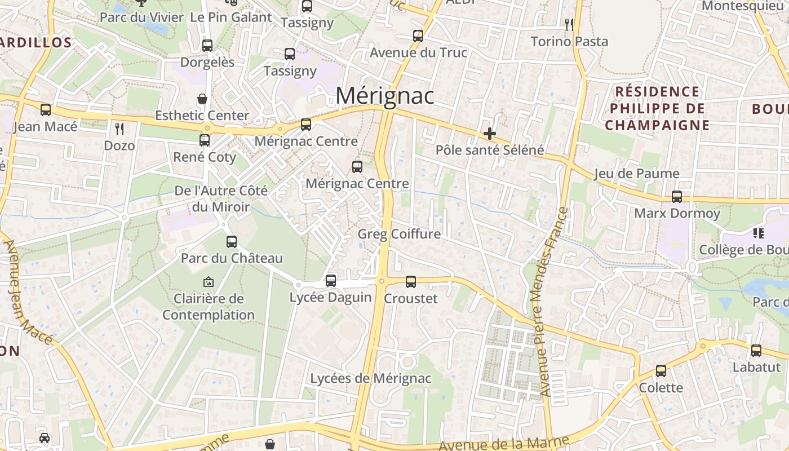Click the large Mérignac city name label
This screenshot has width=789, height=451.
(x=385, y=96)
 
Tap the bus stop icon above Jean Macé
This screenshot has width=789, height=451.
(x=46, y=109)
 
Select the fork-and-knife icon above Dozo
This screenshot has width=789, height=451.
(x=119, y=129)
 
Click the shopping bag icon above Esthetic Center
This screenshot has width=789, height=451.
(x=202, y=99)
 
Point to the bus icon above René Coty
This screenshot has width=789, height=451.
(x=205, y=140)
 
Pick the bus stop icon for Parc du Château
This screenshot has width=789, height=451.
(x=231, y=242)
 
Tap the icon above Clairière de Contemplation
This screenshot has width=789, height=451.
(x=208, y=281)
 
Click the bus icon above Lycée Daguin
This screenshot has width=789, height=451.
(x=331, y=280)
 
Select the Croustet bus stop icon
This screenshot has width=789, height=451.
(x=411, y=281)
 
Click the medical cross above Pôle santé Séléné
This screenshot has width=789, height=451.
(x=490, y=134)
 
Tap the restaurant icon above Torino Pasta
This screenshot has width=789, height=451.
(x=569, y=24)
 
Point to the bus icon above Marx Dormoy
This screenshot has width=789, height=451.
(x=677, y=197)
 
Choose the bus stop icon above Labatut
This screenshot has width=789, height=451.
(x=756, y=350)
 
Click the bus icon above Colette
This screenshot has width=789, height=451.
(x=661, y=371)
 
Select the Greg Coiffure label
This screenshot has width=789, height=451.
(x=399, y=234)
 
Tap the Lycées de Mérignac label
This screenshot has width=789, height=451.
(x=371, y=378)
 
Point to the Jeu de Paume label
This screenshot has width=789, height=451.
(x=637, y=174)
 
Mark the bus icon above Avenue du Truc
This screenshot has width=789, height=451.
(x=418, y=36)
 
